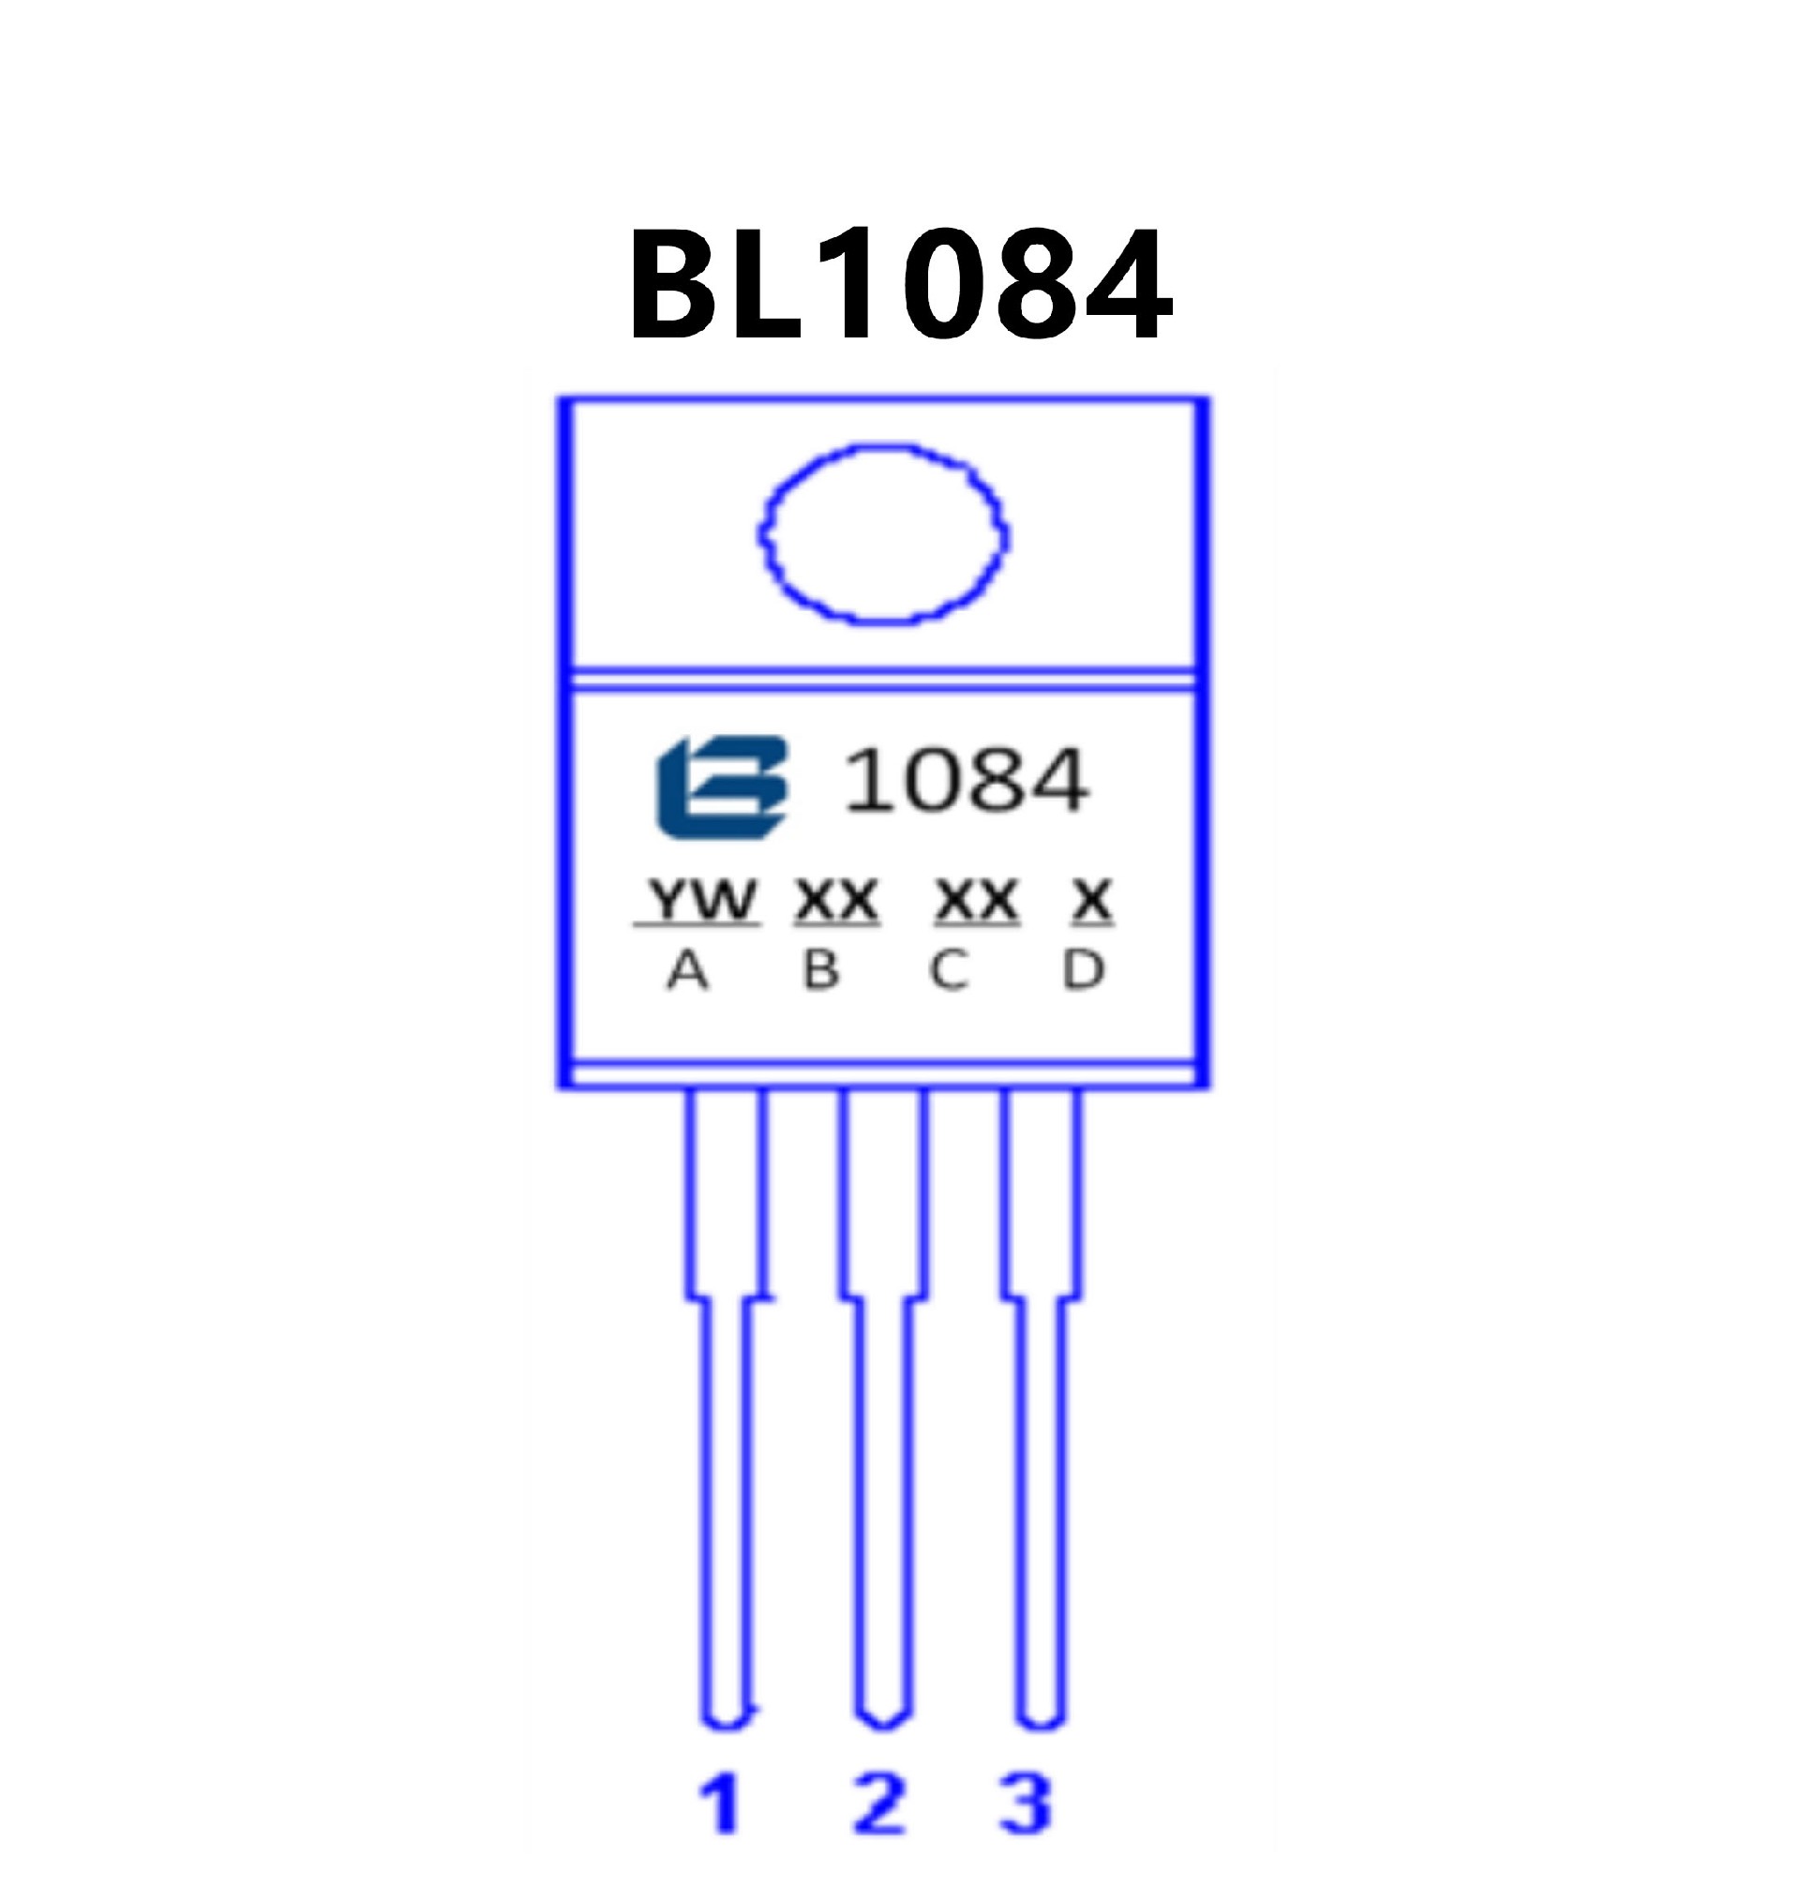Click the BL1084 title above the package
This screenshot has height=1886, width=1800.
coord(899,285)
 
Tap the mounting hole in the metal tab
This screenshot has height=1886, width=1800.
coord(883,533)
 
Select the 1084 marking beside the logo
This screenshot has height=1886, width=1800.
coord(965,781)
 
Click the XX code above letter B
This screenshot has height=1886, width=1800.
coord(835,900)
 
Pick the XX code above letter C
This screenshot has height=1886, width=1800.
coord(976,900)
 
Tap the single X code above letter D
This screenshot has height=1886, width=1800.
coord(1092,900)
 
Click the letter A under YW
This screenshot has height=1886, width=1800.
coord(687,971)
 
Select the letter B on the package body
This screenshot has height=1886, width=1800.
coord(820,971)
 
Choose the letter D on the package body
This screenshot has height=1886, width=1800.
coord(1083,971)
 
